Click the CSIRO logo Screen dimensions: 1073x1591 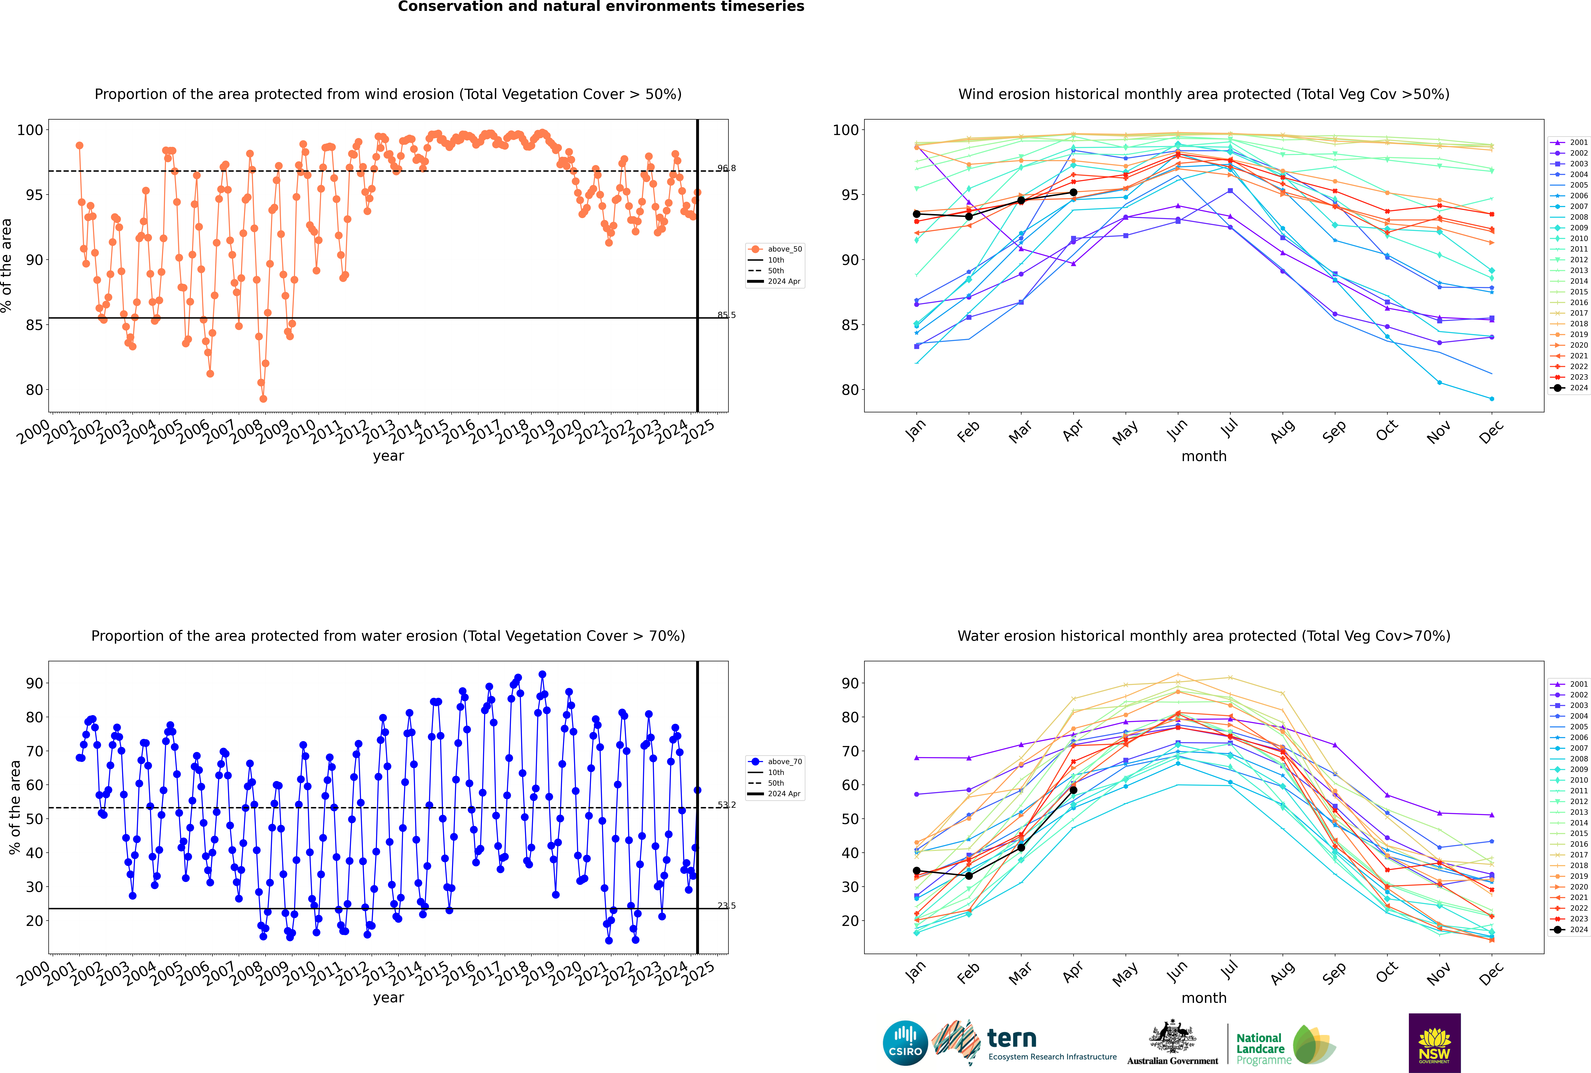click(905, 1043)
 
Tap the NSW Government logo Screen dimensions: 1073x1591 click(1434, 1042)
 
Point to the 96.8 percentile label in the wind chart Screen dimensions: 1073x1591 click(726, 168)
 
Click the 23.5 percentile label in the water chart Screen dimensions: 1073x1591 click(726, 905)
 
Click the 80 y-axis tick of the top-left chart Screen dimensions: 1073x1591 click(34, 390)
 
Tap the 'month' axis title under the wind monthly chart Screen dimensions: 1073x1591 click(1204, 457)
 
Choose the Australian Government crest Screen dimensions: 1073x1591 click(1172, 1037)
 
